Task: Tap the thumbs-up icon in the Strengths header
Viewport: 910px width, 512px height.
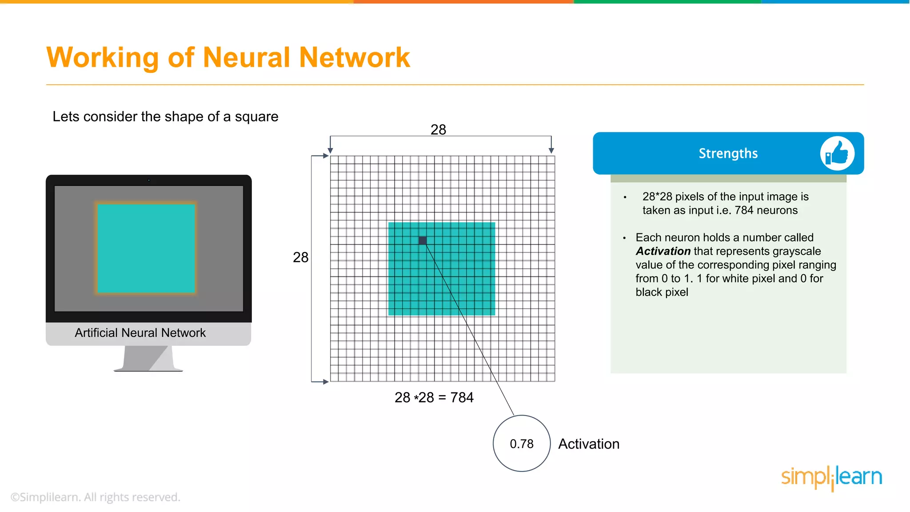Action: [x=837, y=153]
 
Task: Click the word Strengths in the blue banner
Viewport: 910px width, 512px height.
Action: [x=728, y=153]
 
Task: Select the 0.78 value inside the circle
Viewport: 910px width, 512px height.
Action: [x=522, y=444]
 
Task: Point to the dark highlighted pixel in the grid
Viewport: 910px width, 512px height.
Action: [x=423, y=240]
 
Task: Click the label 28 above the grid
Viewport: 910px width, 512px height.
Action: [x=438, y=129]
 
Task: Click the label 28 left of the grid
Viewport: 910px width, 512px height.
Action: [x=300, y=257]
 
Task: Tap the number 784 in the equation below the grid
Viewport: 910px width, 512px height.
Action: [x=462, y=397]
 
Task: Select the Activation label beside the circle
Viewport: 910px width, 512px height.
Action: [x=589, y=444]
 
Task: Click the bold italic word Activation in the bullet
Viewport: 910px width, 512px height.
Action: [x=663, y=251]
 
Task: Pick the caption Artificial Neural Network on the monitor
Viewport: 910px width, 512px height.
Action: [x=140, y=333]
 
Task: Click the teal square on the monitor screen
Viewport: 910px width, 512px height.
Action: [x=146, y=248]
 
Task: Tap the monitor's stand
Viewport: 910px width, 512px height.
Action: [x=148, y=358]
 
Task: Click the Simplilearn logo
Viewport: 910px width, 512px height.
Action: [x=831, y=477]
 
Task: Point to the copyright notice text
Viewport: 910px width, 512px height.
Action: [x=96, y=497]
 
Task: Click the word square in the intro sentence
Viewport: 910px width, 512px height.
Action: [x=256, y=116]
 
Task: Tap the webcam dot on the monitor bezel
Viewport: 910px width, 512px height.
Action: [x=149, y=180]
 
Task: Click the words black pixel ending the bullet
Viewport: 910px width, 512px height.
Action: [x=662, y=292]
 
